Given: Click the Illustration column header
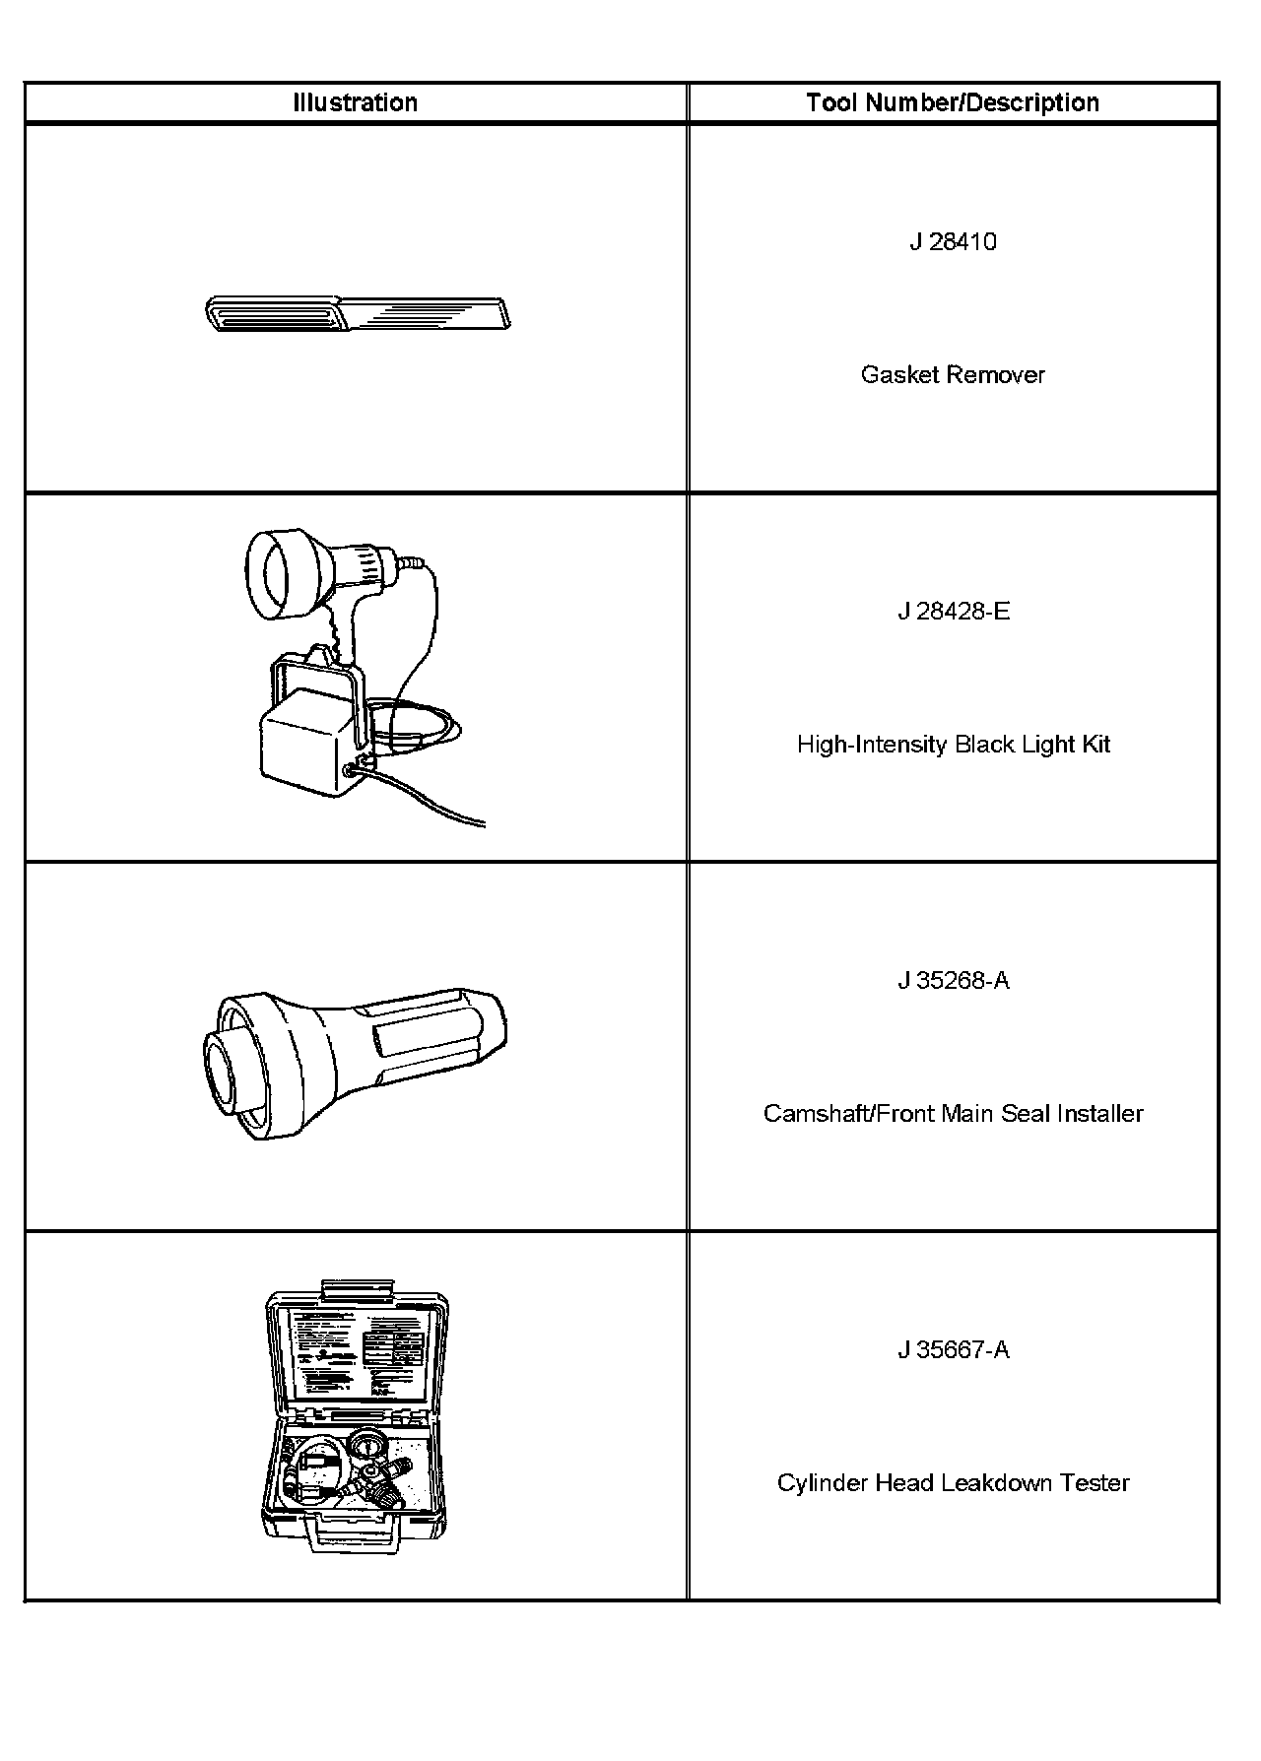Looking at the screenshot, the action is coord(355,102).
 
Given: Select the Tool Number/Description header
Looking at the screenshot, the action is coord(953,102).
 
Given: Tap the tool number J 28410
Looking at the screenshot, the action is coord(953,242).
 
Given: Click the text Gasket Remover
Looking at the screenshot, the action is coord(953,375).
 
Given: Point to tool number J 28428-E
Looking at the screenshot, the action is coord(953,612).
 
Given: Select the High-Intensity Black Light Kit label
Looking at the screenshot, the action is coord(953,745).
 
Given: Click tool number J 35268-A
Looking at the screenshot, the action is coord(953,981).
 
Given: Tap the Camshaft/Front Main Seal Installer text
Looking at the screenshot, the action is coord(953,1114).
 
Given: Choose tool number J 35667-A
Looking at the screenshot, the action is coord(953,1350).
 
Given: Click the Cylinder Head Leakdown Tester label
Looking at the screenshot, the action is coord(953,1483).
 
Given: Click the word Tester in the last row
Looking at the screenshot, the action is coord(1095,1483).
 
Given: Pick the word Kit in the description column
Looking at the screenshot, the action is coord(1095,745).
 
